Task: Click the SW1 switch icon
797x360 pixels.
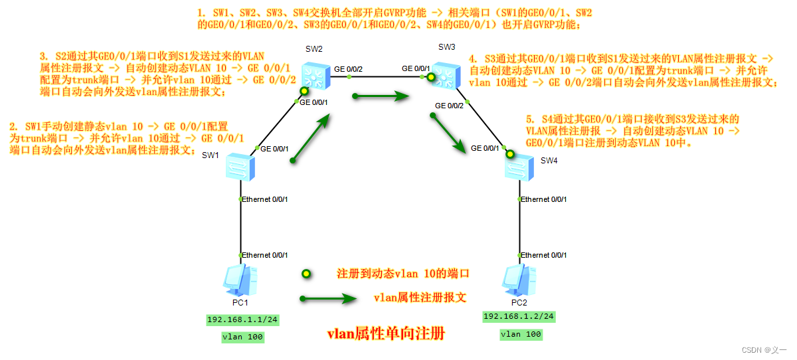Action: click(x=238, y=167)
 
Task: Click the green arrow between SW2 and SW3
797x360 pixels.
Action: click(x=381, y=96)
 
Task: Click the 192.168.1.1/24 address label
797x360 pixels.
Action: click(x=242, y=320)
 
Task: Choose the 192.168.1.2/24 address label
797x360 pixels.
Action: click(x=519, y=316)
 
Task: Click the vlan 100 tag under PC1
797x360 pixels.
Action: click(x=242, y=337)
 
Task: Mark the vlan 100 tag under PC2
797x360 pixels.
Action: click(x=520, y=334)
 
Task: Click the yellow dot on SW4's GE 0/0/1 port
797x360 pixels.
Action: click(x=509, y=154)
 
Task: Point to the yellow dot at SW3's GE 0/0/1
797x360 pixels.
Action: click(x=430, y=78)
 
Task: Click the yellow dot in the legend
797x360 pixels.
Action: click(x=306, y=274)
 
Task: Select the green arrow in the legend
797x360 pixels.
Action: click(x=327, y=299)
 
